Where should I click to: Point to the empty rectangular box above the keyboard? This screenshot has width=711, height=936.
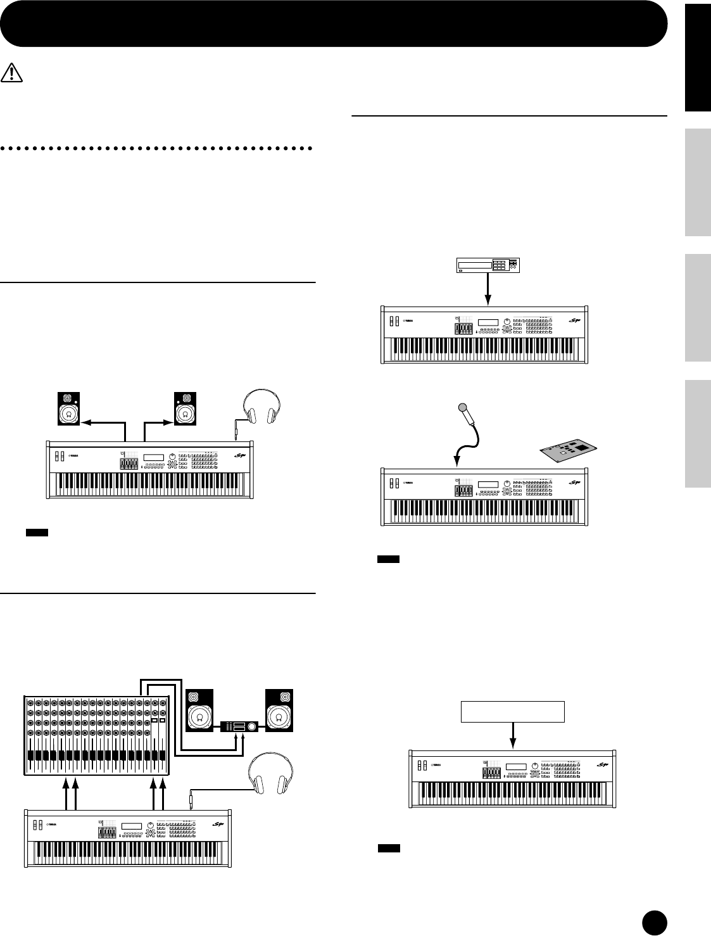(x=513, y=712)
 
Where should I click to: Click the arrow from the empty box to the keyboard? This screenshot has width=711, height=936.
(x=513, y=736)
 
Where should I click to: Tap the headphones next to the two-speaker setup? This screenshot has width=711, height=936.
(x=261, y=407)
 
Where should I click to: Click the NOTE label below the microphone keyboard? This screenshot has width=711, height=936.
(x=388, y=559)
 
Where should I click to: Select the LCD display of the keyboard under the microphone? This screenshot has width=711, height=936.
(x=488, y=485)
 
